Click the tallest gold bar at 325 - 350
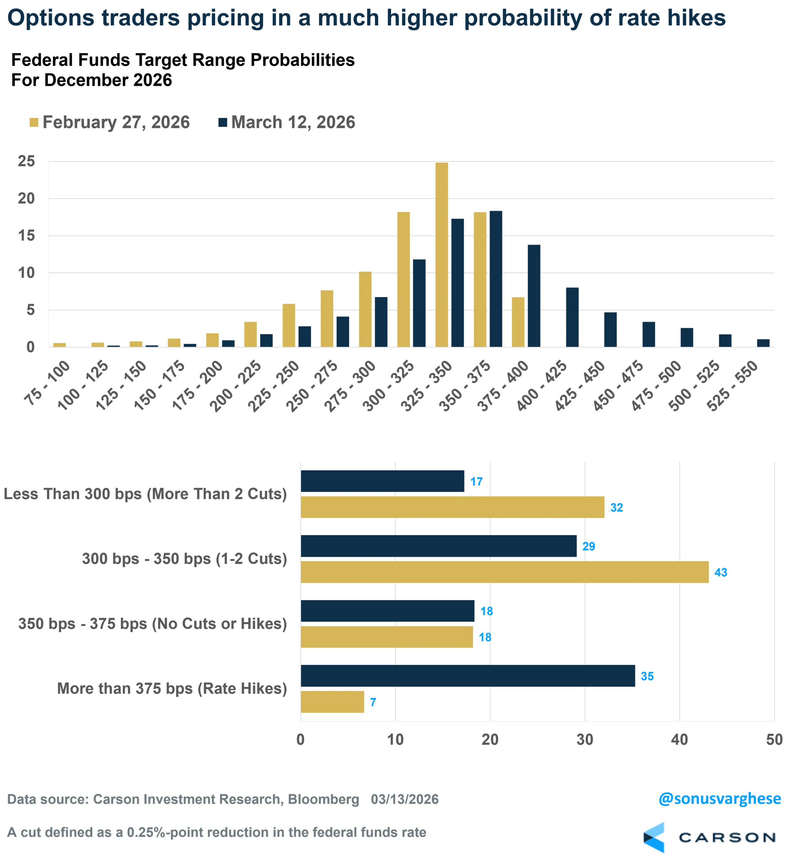[x=442, y=255]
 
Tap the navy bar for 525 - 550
[x=763, y=343]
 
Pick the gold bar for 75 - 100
[x=59, y=345]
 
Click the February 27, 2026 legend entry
[x=110, y=122]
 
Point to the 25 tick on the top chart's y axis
[x=26, y=161]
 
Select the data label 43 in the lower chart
[x=720, y=572]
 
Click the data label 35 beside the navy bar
[x=647, y=676]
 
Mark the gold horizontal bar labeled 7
[x=332, y=702]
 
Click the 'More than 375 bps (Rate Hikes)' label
[x=172, y=688]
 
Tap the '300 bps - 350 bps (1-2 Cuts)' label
[x=184, y=559]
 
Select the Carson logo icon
[x=654, y=837]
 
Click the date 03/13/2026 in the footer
[x=404, y=799]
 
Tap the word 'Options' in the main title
[x=51, y=18]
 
